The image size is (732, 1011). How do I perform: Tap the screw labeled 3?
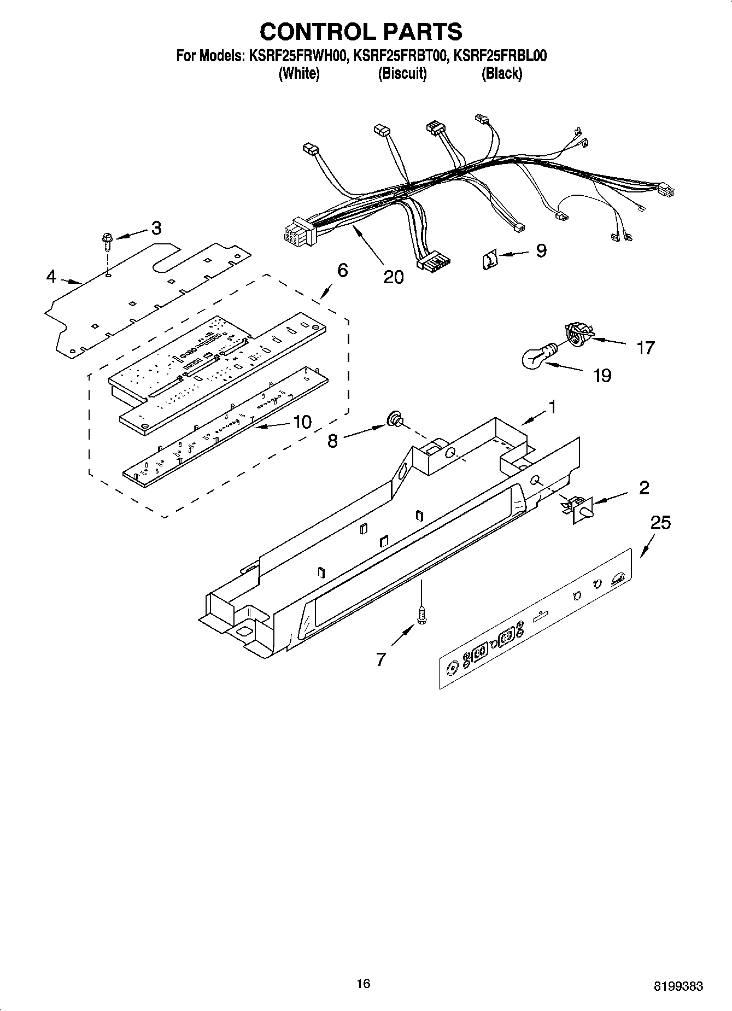coord(107,240)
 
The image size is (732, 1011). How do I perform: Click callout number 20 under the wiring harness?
coord(393,277)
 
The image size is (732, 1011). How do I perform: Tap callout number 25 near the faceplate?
coord(660,523)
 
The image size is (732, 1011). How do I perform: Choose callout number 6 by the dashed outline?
coord(342,270)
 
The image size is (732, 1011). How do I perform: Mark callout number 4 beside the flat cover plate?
coord(51,277)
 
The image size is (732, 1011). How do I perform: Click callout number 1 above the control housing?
coord(552,407)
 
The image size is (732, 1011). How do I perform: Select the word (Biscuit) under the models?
coord(402,73)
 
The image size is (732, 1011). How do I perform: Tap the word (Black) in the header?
coord(501,73)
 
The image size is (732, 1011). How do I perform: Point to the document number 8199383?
coord(678,986)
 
